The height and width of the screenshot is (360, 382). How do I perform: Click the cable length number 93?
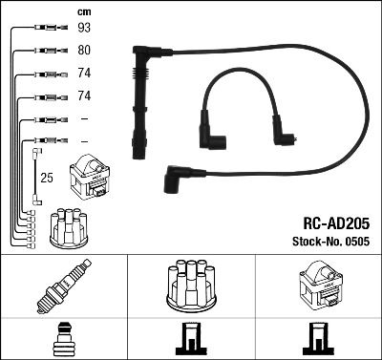(84, 28)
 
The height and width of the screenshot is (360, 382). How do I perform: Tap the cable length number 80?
(84, 50)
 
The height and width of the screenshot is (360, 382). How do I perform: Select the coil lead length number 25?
(47, 178)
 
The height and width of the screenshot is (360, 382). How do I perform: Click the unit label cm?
(84, 12)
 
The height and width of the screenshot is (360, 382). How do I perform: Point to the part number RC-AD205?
(336, 223)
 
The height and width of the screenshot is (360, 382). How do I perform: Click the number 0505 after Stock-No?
(356, 242)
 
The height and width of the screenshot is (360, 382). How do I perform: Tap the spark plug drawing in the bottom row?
(64, 286)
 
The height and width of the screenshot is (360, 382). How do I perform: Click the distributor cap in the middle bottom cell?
(191, 286)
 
